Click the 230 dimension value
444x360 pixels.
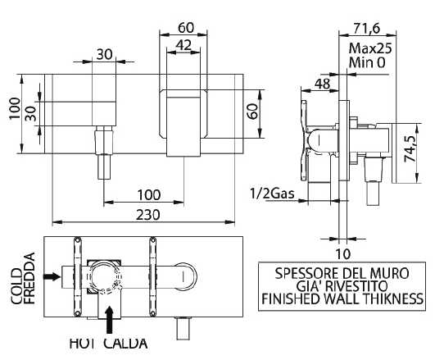tap(148, 215)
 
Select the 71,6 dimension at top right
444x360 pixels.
tap(366, 28)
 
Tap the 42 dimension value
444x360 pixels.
tap(183, 45)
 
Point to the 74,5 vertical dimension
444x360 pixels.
tap(410, 148)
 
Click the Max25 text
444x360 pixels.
tap(370, 48)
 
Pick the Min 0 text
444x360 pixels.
tap(367, 62)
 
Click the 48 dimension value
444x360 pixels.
tap(323, 84)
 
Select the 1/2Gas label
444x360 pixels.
tap(272, 194)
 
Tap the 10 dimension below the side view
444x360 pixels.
tap(343, 253)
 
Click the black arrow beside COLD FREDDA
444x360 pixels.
tap(52, 276)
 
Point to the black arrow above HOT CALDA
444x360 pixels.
tap(109, 320)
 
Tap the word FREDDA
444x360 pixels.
tap(29, 278)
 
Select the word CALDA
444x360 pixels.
tap(125, 344)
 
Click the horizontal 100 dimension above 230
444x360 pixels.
tap(149, 194)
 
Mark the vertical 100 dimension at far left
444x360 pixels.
tap(15, 108)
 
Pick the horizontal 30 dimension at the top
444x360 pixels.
tap(105, 54)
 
